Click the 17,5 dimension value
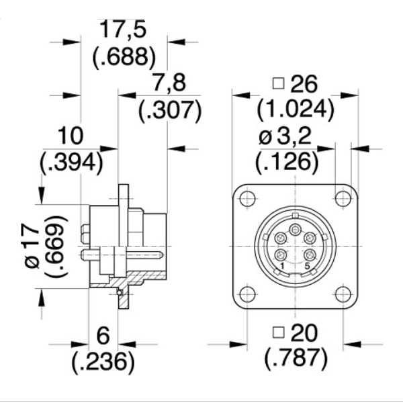(123, 30)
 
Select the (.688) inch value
(123, 56)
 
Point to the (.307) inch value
(170, 110)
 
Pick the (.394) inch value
(72, 162)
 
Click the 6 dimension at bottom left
(103, 334)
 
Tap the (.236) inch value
(103, 362)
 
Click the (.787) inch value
(296, 361)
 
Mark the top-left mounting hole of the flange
(247, 199)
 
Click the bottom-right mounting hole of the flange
(343, 294)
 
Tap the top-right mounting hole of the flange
(343, 199)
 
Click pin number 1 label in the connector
(283, 267)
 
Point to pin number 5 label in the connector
(307, 267)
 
